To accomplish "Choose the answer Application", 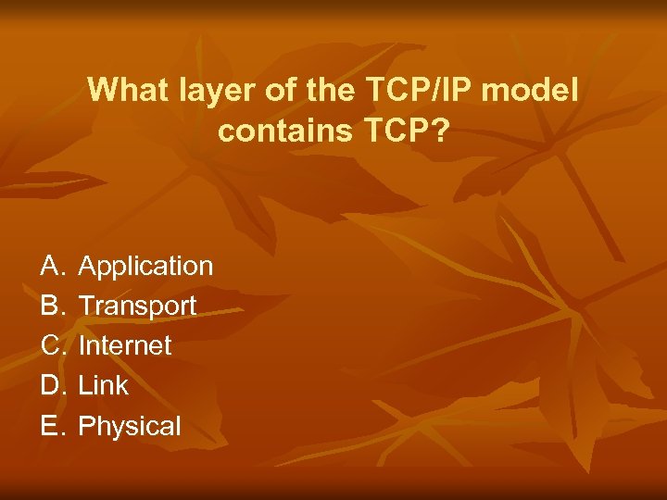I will click(x=145, y=267).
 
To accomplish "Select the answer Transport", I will click(x=137, y=306).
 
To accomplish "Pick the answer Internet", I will click(x=125, y=345).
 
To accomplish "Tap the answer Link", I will click(x=104, y=385).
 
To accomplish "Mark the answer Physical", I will click(x=130, y=426).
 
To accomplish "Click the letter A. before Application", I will click(x=52, y=267).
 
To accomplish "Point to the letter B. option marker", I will click(x=52, y=306).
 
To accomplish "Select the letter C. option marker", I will click(x=52, y=345).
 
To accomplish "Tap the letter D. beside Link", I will click(x=52, y=385).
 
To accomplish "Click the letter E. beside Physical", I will click(x=52, y=426).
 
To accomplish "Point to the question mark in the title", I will click(x=441, y=131).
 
